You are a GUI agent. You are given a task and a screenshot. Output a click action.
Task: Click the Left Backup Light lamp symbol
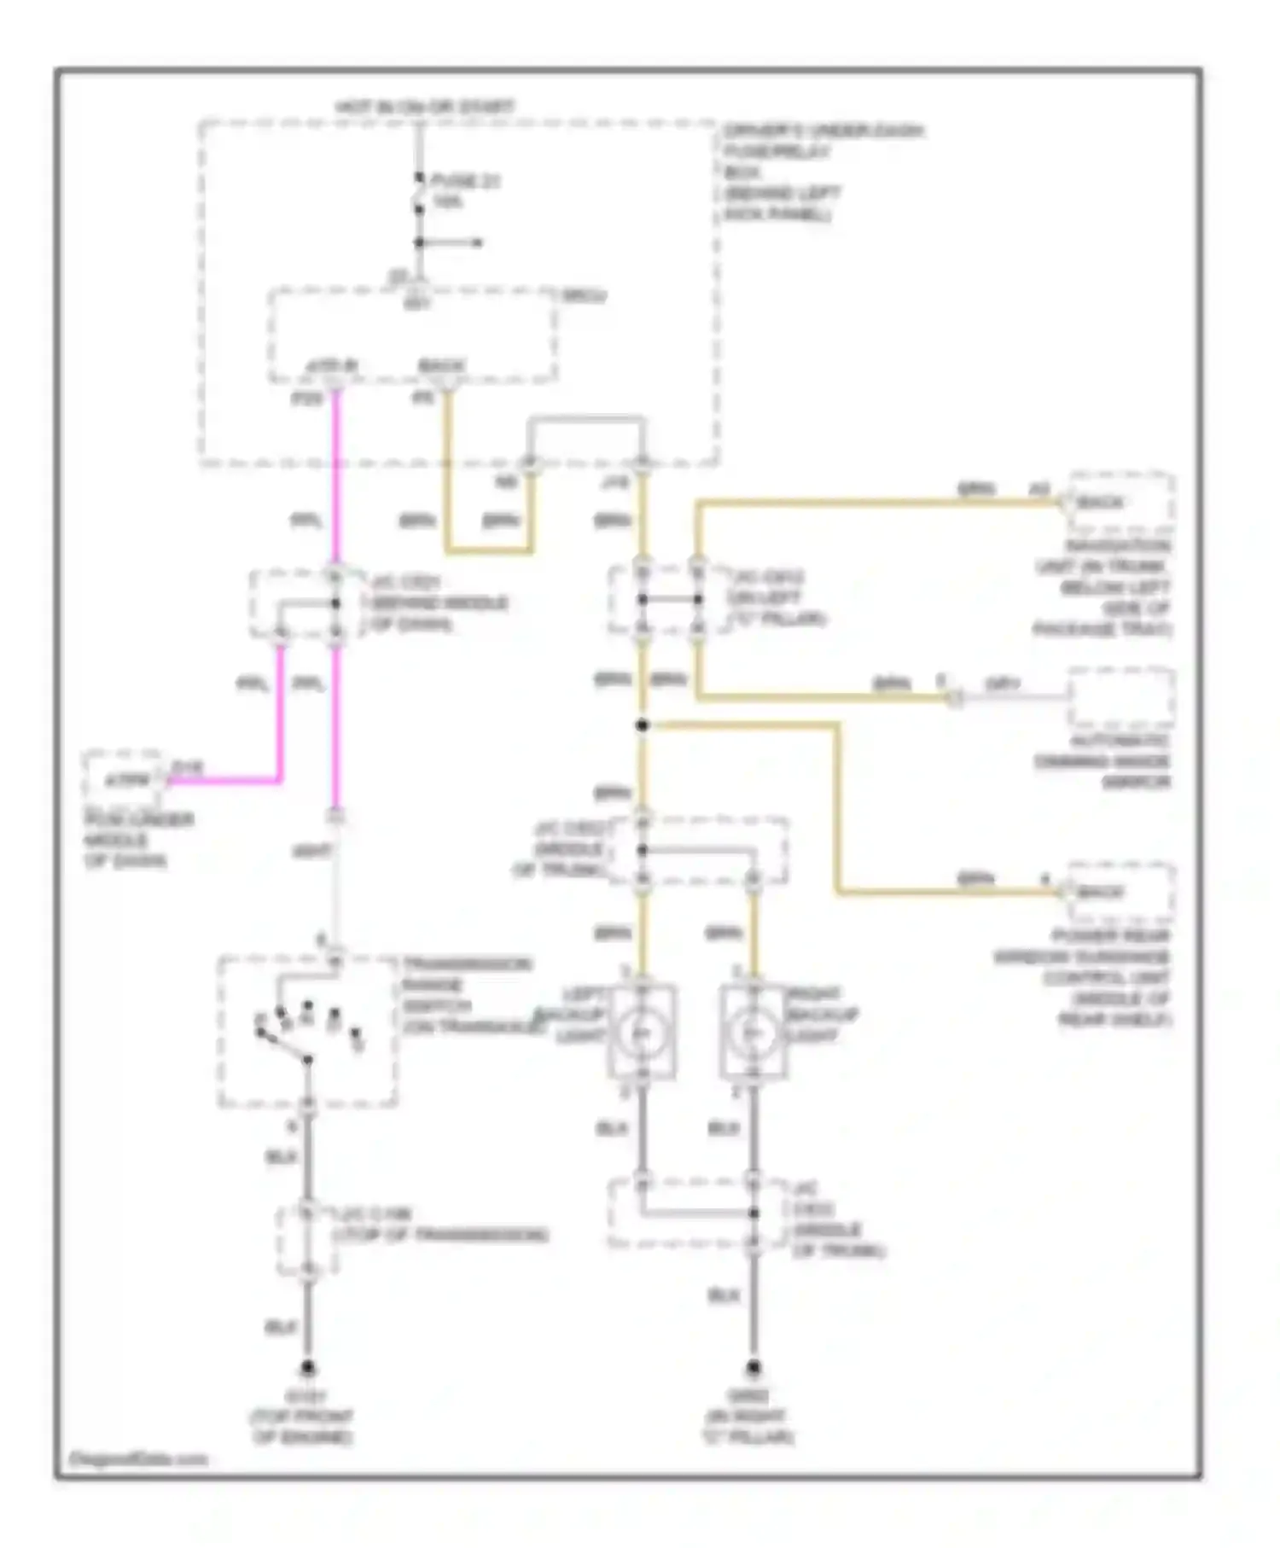(642, 1032)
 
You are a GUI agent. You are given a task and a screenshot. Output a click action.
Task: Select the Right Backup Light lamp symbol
(753, 1032)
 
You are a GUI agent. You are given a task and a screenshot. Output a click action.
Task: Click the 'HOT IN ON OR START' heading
(424, 108)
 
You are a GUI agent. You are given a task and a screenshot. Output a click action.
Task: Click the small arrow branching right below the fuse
(465, 243)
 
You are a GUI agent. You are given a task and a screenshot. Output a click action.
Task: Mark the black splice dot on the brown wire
(643, 725)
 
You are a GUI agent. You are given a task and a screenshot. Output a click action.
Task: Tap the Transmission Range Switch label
(468, 995)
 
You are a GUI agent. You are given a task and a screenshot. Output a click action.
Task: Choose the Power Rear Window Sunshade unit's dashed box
(1121, 893)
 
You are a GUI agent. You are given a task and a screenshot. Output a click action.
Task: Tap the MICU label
(584, 296)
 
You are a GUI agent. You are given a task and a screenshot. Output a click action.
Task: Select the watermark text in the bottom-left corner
(137, 1458)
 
